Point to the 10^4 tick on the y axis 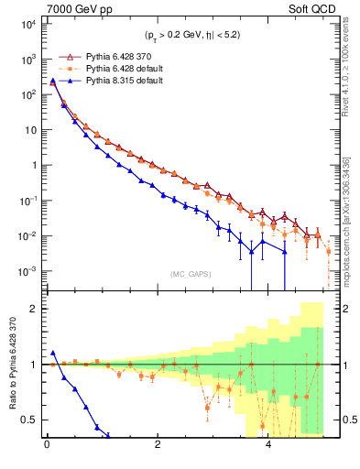pyautogui.click(x=27, y=24)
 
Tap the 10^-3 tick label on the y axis pyautogui.click(x=27, y=271)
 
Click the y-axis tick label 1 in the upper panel pyautogui.click(x=32, y=165)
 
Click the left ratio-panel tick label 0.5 pyautogui.click(x=29, y=420)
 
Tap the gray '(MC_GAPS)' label pyautogui.click(x=187, y=274)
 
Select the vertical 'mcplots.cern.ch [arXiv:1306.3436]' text pyautogui.click(x=345, y=220)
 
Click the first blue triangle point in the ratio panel pyautogui.click(x=53, y=353)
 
